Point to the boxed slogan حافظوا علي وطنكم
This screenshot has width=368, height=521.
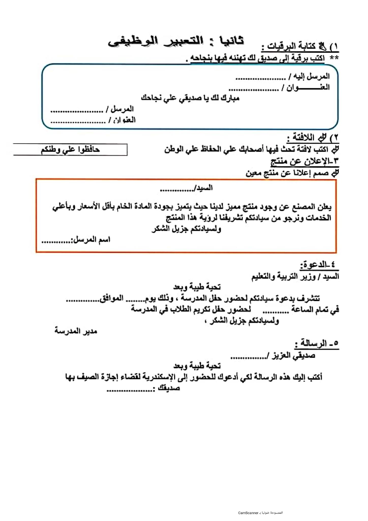(70, 150)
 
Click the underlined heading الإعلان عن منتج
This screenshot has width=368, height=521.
(304, 161)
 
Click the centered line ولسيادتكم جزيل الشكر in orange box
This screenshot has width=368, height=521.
(186, 229)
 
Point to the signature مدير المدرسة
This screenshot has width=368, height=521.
(76, 331)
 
